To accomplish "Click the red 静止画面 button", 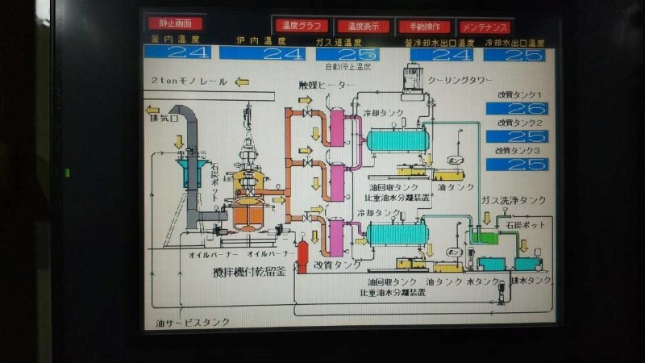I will (x=175, y=23).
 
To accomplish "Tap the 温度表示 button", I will (x=363, y=27).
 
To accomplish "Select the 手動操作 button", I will (x=424, y=27).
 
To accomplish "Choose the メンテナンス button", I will (x=485, y=27).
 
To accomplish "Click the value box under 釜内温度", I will (x=177, y=53).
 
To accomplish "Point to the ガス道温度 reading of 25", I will (x=347, y=54).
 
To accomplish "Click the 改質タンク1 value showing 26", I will (x=517, y=109).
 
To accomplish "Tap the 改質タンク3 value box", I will (x=517, y=164).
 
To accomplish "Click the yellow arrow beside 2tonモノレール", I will (x=241, y=82).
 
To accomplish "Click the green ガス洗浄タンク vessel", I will (x=485, y=236).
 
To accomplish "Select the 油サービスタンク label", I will (x=193, y=322).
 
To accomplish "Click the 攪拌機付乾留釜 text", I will (x=248, y=272).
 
